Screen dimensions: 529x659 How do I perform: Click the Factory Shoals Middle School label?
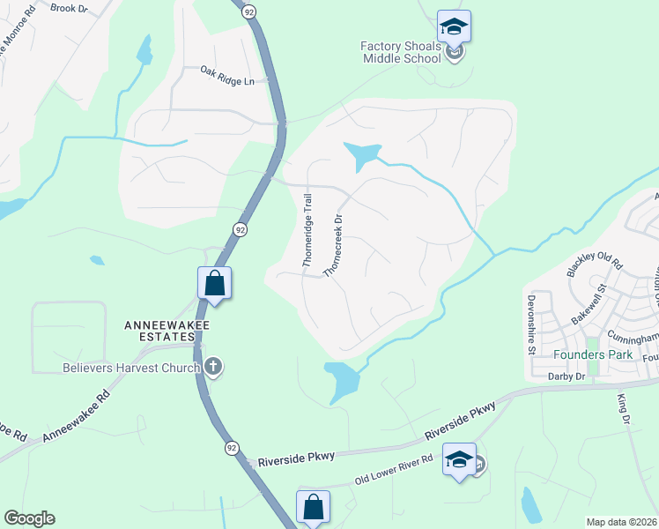point(401,52)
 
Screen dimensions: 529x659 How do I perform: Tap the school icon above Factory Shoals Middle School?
point(454,27)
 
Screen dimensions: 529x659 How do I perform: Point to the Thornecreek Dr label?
point(332,244)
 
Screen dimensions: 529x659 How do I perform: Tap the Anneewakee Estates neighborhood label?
point(159,331)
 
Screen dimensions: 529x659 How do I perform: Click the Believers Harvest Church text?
point(131,367)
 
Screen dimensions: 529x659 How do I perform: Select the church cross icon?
point(212,367)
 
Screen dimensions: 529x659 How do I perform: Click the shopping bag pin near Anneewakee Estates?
point(214,284)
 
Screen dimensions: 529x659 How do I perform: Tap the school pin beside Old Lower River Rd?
point(459,460)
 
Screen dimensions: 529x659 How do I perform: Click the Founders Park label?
point(594,354)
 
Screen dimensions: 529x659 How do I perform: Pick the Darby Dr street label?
point(566,376)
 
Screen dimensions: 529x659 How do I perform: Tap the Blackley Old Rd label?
point(595,264)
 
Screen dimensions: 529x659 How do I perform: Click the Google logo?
point(29,518)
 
